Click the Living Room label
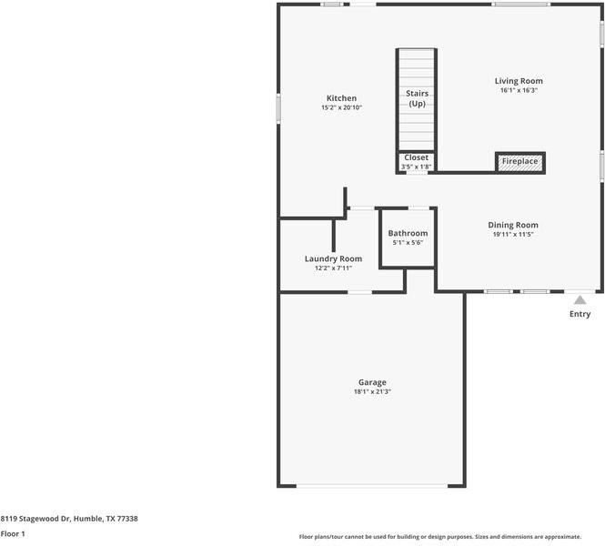click(519, 81)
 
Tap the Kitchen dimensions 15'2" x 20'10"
click(341, 108)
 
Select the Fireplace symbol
click(519, 162)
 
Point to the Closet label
click(416, 157)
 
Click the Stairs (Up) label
click(417, 98)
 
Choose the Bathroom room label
click(408, 234)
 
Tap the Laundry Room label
click(333, 258)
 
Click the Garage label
click(372, 382)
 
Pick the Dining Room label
click(513, 225)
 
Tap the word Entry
click(580, 314)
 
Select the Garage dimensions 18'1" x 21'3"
click(372, 392)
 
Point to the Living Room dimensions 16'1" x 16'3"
click(519, 91)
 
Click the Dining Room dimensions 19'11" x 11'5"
click(513, 235)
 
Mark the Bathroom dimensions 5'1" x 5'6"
click(408, 243)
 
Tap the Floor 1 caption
click(13, 533)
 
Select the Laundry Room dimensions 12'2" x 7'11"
click(333, 268)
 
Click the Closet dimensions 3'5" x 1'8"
click(416, 167)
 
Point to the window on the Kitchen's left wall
click(278, 106)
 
